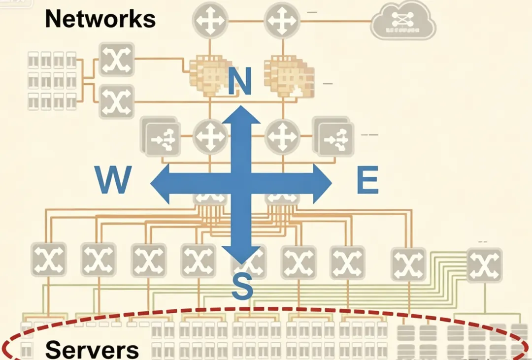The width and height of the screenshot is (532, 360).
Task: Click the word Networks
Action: coord(100,19)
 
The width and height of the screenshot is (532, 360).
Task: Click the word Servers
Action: coord(92,349)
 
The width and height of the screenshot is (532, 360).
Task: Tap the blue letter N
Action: coord(240,81)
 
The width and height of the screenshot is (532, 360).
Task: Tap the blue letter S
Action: coord(242,286)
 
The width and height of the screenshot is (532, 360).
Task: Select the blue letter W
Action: coord(114,180)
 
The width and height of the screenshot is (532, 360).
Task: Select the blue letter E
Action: coord(367,181)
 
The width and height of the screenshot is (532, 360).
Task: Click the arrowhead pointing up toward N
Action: coord(241,115)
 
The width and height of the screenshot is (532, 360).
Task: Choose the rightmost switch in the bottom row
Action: coord(484,265)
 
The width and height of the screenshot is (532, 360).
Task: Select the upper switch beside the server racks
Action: coord(117,59)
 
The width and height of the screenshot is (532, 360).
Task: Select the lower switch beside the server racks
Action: coord(117,101)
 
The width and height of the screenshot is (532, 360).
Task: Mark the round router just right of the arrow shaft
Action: coord(282,136)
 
